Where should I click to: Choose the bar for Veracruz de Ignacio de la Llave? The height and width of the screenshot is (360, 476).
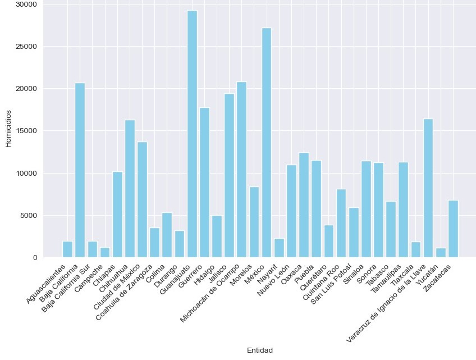tap(428, 188)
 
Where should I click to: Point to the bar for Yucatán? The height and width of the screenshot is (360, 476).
tap(440, 253)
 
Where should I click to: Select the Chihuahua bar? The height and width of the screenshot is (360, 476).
tap(130, 189)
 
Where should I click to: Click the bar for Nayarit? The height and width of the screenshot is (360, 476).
tap(279, 248)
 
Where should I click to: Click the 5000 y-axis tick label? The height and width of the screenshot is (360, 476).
tap(45, 216)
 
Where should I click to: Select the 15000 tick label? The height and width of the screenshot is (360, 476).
tap(43, 131)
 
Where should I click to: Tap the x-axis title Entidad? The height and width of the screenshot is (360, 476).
tap(260, 350)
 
